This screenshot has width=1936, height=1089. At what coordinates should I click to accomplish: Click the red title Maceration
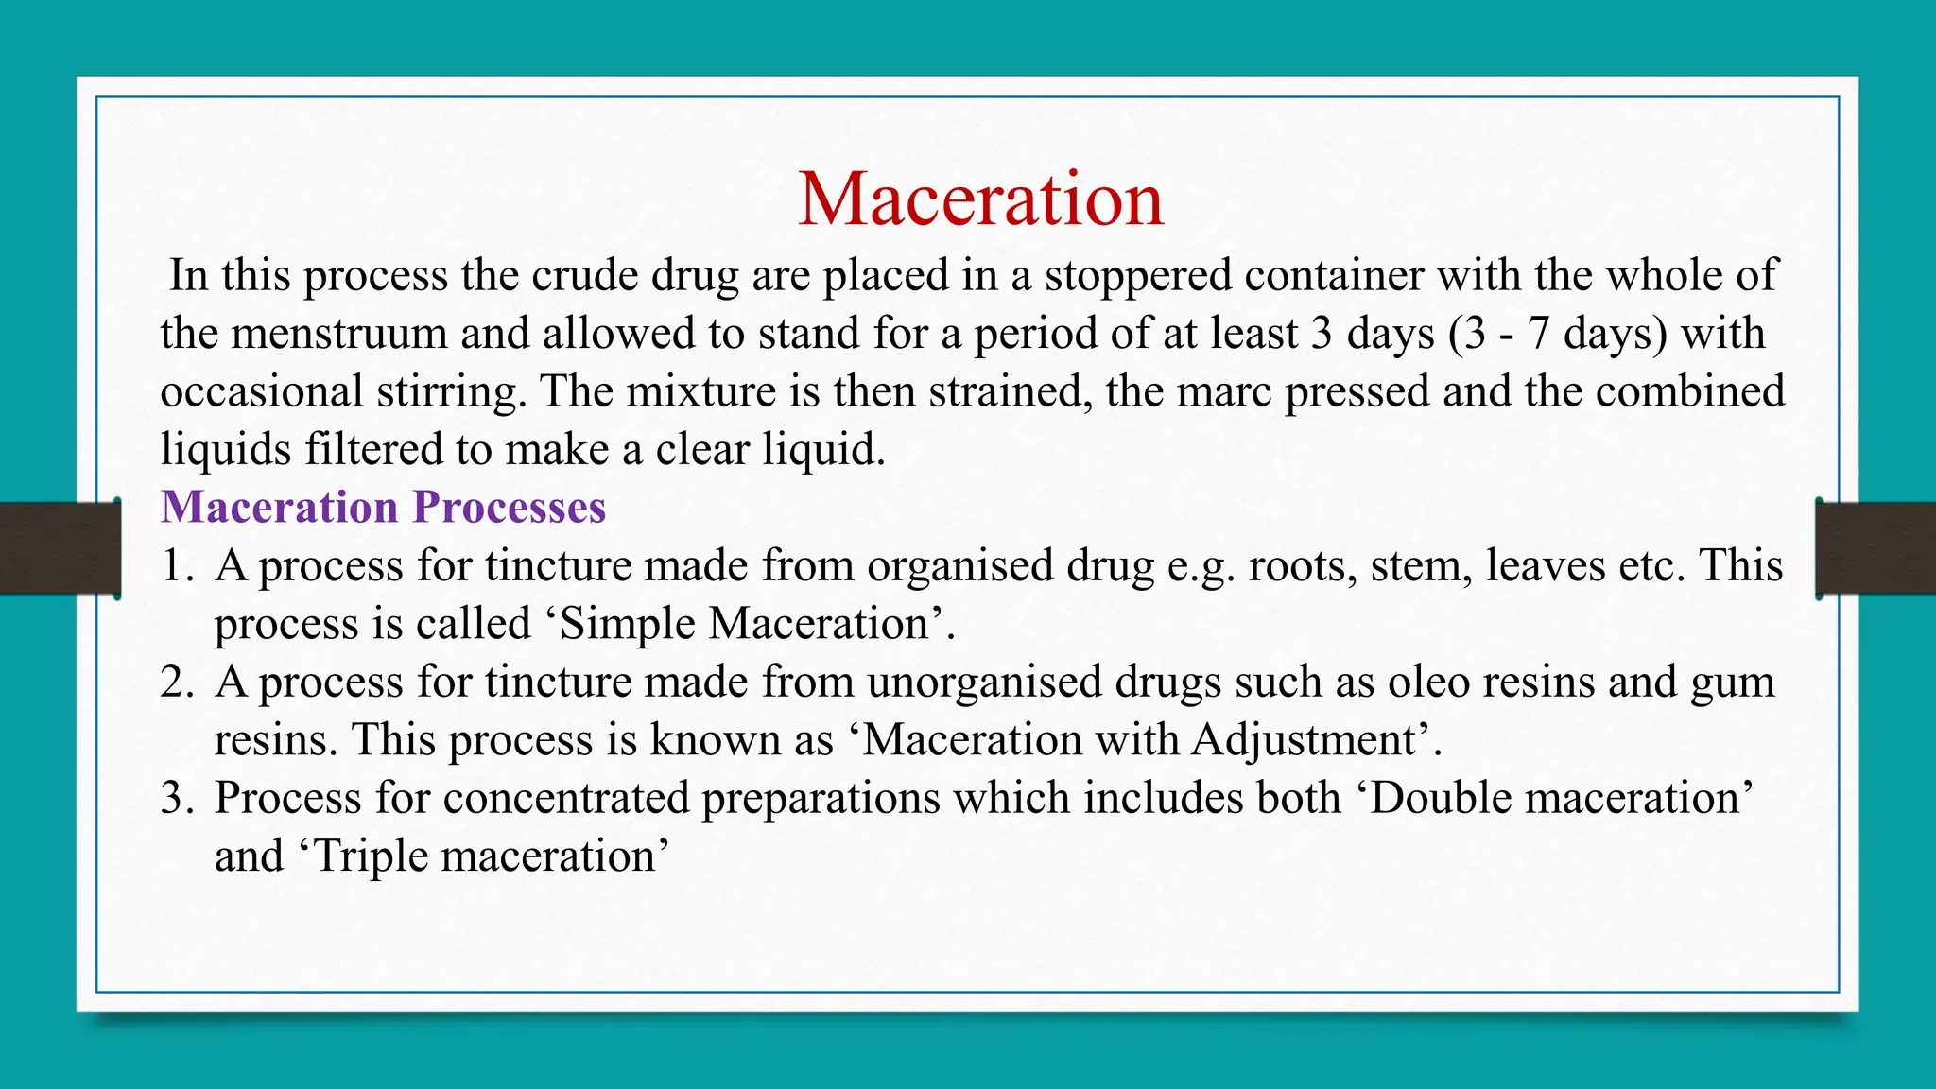click(980, 199)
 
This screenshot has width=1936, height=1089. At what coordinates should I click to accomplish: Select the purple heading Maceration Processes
click(383, 508)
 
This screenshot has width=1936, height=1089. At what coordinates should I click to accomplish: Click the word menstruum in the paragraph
click(340, 335)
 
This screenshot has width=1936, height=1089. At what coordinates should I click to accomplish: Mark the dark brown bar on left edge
click(59, 548)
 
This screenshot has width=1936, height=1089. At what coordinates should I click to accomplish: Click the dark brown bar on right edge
click(1876, 548)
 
